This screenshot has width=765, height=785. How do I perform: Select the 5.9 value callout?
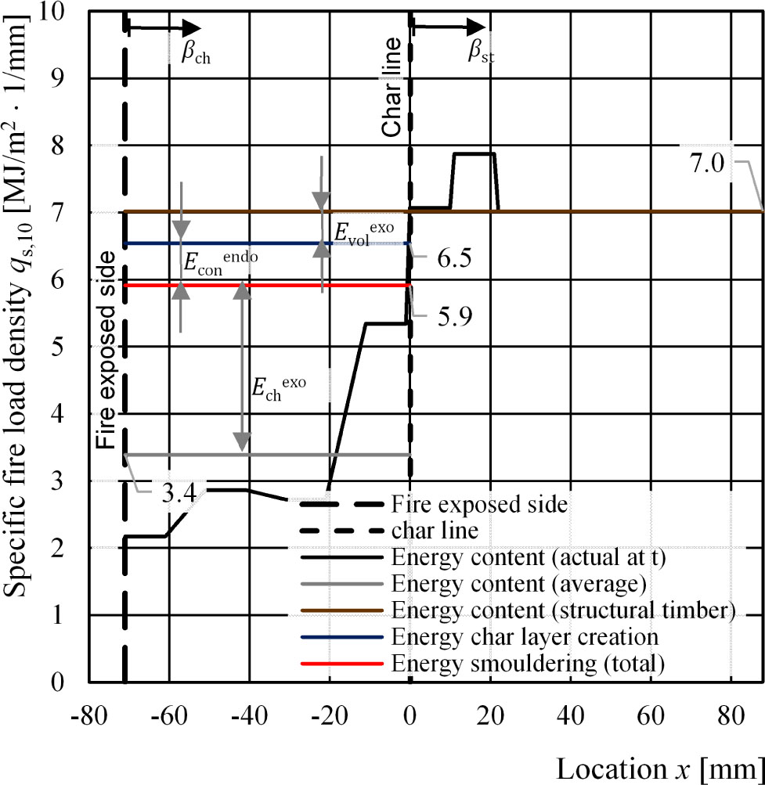point(441,319)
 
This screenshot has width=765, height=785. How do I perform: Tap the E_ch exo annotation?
point(279,387)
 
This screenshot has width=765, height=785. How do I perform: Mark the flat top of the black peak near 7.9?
point(473,154)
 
